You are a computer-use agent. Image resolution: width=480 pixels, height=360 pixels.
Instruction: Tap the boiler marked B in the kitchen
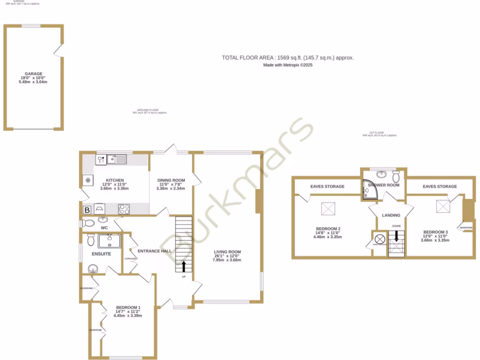[x=87, y=210]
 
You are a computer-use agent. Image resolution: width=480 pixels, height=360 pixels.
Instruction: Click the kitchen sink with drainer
[x=117, y=160]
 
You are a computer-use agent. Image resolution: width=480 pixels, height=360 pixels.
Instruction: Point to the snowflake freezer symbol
[x=87, y=180]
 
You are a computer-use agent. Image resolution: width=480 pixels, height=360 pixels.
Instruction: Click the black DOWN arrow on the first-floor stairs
[x=396, y=237]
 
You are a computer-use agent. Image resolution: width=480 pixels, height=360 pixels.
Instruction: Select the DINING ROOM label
[x=171, y=180]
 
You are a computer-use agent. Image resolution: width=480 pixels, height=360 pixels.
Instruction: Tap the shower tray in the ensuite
[x=110, y=241]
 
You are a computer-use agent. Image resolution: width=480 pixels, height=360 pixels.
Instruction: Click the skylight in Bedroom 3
[x=442, y=205]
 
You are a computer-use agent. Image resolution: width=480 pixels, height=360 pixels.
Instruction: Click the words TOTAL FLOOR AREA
[x=247, y=58]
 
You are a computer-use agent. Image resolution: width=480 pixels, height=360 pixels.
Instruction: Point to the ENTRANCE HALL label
[x=151, y=251]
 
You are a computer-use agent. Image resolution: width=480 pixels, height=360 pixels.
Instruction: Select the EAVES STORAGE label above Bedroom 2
[x=327, y=187]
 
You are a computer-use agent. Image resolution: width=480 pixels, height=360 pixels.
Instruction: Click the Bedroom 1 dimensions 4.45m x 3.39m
[x=127, y=315]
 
